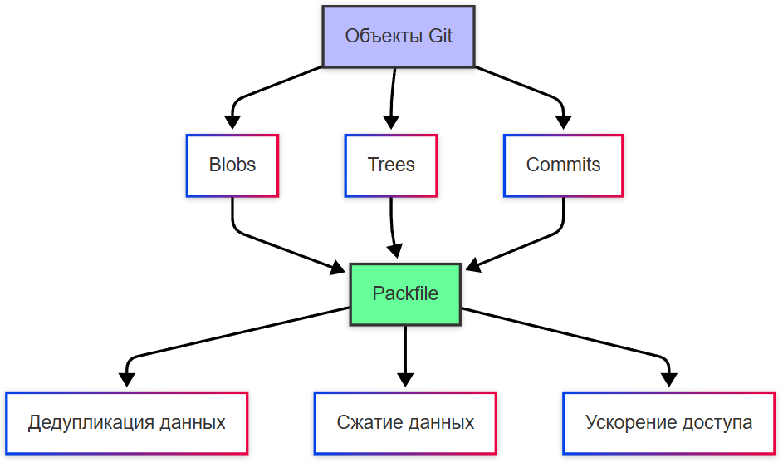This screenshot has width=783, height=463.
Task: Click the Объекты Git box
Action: click(398, 37)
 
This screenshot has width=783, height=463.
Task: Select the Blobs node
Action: click(232, 165)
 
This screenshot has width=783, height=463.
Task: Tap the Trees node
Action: click(390, 165)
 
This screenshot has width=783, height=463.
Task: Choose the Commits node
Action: click(563, 165)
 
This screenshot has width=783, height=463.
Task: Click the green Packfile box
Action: click(405, 294)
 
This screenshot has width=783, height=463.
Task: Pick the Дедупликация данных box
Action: click(126, 422)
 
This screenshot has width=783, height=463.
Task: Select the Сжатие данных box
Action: click(405, 422)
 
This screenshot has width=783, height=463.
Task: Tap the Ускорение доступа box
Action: click(668, 422)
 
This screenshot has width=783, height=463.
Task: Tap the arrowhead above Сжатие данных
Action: click(405, 380)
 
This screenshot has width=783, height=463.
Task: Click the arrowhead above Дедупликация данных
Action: click(126, 380)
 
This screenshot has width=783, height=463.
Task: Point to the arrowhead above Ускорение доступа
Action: click(668, 380)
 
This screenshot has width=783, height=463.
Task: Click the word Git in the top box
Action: click(440, 37)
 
